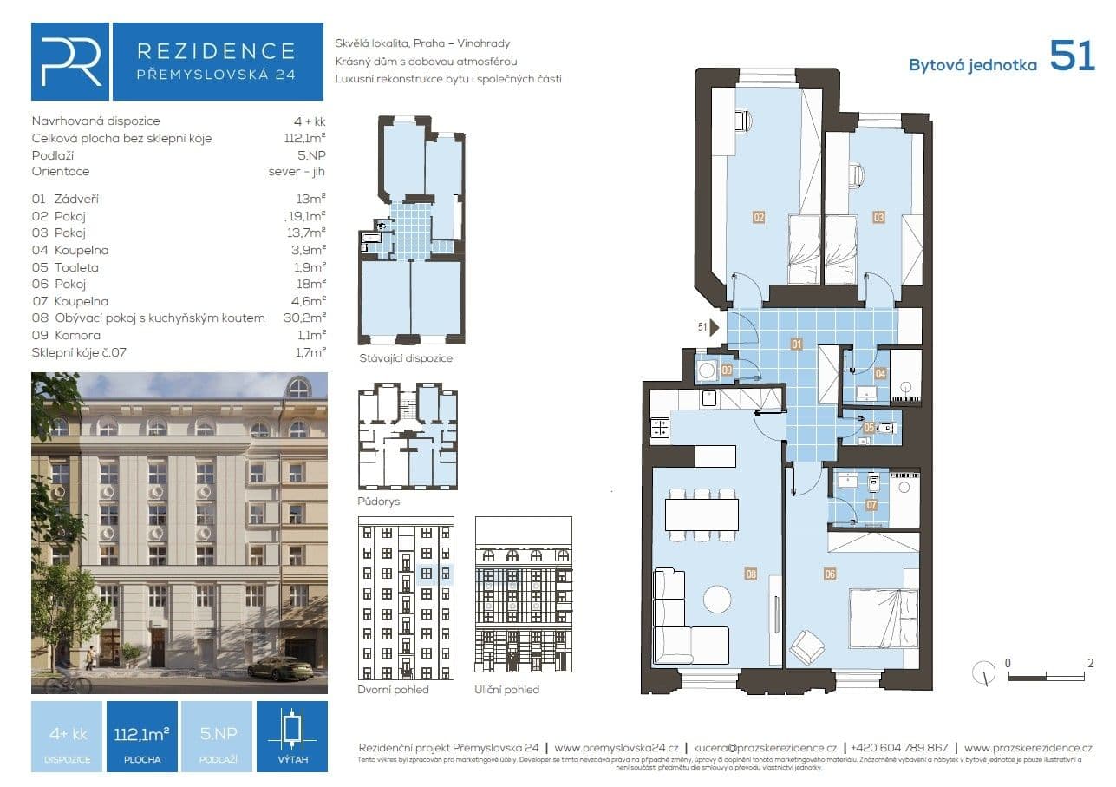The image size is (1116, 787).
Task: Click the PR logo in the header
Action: [x=70, y=62]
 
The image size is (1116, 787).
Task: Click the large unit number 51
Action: [x=1072, y=56]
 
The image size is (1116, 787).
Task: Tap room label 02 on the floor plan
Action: [x=759, y=218]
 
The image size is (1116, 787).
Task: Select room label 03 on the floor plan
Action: [x=878, y=218]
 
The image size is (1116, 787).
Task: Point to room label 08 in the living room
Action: [x=751, y=574]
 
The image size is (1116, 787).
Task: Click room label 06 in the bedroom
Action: [x=830, y=574]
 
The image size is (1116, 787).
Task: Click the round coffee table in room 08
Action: [x=717, y=600]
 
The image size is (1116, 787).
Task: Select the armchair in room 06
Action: [x=807, y=646]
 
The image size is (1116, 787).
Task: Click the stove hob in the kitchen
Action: [x=660, y=427]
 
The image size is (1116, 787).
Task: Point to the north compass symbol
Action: [x=984, y=672]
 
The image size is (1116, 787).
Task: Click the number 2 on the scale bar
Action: [x=1090, y=663]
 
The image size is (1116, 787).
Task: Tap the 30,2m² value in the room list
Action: [x=310, y=318]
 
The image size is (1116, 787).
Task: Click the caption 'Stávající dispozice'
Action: [x=406, y=357]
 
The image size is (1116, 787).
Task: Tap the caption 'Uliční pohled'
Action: [x=507, y=690]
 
